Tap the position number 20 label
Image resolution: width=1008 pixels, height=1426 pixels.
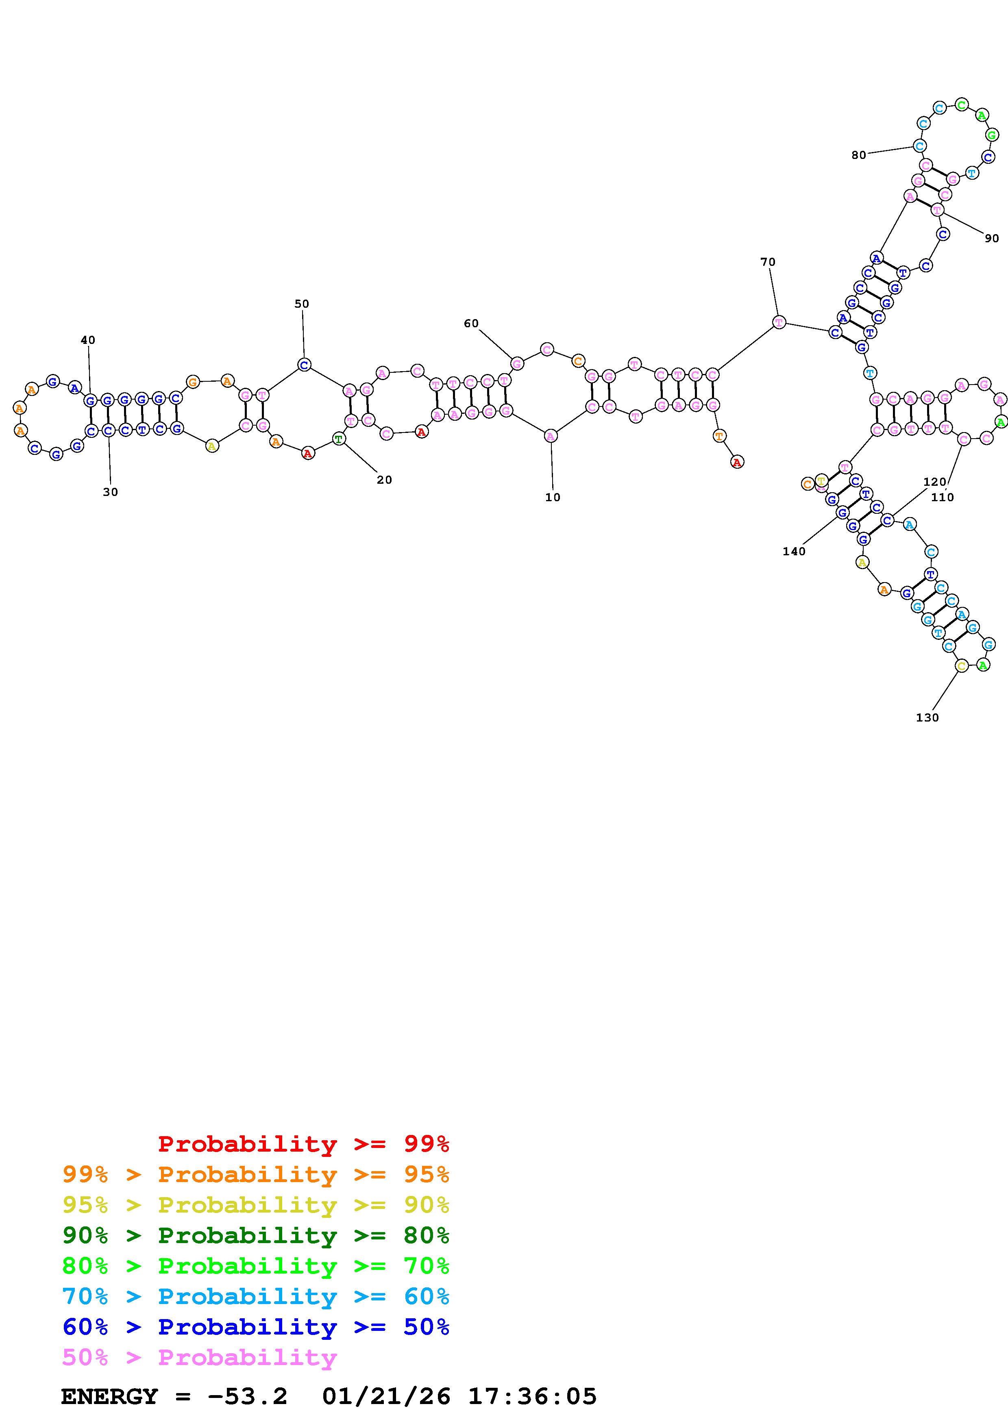click(384, 480)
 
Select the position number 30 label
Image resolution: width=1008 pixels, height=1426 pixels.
click(110, 492)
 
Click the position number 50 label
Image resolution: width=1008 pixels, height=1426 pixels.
click(301, 304)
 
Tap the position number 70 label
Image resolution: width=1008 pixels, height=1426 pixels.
click(768, 262)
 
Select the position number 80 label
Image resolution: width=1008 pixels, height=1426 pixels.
click(858, 155)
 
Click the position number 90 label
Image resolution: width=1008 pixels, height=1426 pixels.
click(991, 239)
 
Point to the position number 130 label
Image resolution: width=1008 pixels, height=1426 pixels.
click(927, 717)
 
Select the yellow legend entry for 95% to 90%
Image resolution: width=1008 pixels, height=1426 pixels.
click(256, 1205)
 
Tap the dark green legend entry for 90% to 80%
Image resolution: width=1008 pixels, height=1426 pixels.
click(256, 1235)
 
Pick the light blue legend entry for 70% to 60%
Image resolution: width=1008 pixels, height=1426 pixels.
click(256, 1296)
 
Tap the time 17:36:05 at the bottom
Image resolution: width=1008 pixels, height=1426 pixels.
click(532, 1396)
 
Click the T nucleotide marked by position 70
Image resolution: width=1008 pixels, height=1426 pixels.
click(779, 322)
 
